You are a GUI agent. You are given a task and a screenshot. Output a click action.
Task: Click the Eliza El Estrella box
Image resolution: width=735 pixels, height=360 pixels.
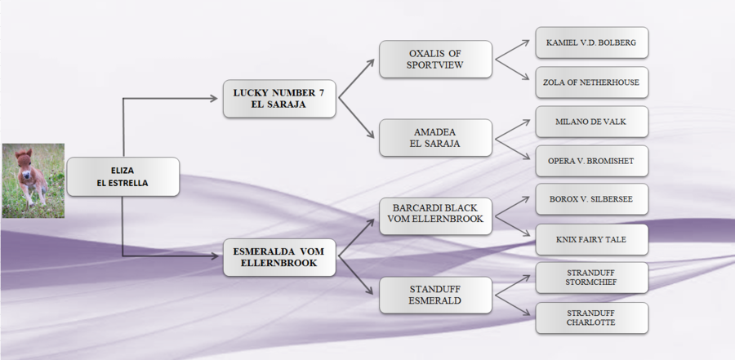tap(122, 176)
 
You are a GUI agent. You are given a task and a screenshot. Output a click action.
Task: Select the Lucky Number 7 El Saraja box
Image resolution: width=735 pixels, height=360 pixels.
tap(278, 99)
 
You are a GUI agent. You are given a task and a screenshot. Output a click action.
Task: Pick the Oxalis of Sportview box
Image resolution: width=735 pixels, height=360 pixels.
tap(435, 59)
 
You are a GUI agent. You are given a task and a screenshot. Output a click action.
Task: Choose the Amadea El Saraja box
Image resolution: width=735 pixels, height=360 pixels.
tap(435, 137)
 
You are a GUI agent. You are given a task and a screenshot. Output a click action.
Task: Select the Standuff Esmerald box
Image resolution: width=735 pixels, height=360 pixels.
tap(435, 295)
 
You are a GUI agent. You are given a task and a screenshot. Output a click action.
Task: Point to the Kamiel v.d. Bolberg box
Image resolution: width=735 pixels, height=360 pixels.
tap(591, 42)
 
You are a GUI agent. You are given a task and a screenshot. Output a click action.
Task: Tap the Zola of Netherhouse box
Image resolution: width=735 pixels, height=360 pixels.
tap(591, 82)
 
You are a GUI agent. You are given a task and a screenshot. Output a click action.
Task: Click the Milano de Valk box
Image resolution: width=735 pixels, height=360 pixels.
tap(591, 121)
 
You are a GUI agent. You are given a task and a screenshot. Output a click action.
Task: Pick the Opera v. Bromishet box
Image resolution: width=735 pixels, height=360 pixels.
tap(591, 161)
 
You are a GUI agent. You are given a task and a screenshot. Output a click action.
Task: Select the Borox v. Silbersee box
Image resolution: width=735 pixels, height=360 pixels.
tap(591, 199)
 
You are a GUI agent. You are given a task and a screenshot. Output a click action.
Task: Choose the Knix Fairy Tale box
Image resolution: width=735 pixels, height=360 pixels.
tap(591, 239)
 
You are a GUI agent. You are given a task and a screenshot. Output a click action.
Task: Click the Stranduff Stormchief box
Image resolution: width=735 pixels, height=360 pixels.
tap(591, 278)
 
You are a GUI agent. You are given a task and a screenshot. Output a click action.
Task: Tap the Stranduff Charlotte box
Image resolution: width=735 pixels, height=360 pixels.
tap(591, 318)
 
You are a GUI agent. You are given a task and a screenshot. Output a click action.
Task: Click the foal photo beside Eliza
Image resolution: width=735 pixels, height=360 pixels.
tap(33, 181)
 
